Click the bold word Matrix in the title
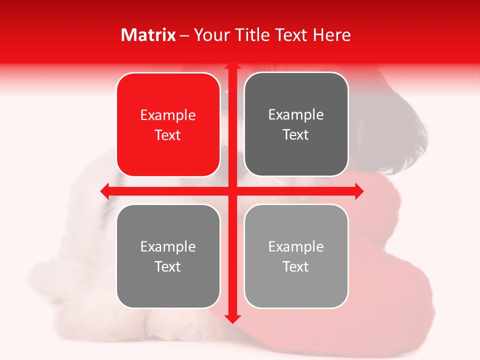coord(148,35)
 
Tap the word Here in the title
coord(331,35)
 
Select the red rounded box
coord(168,124)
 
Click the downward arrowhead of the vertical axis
coord(232,318)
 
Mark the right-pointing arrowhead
coord(358,191)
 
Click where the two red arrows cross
coord(232,191)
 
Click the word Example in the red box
coord(168,115)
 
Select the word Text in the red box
coord(168,135)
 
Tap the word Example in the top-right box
coord(296,115)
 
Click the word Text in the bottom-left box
coord(168,266)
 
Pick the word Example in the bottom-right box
coord(296,246)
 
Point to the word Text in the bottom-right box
coord(296,266)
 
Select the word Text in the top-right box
coord(296,135)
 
